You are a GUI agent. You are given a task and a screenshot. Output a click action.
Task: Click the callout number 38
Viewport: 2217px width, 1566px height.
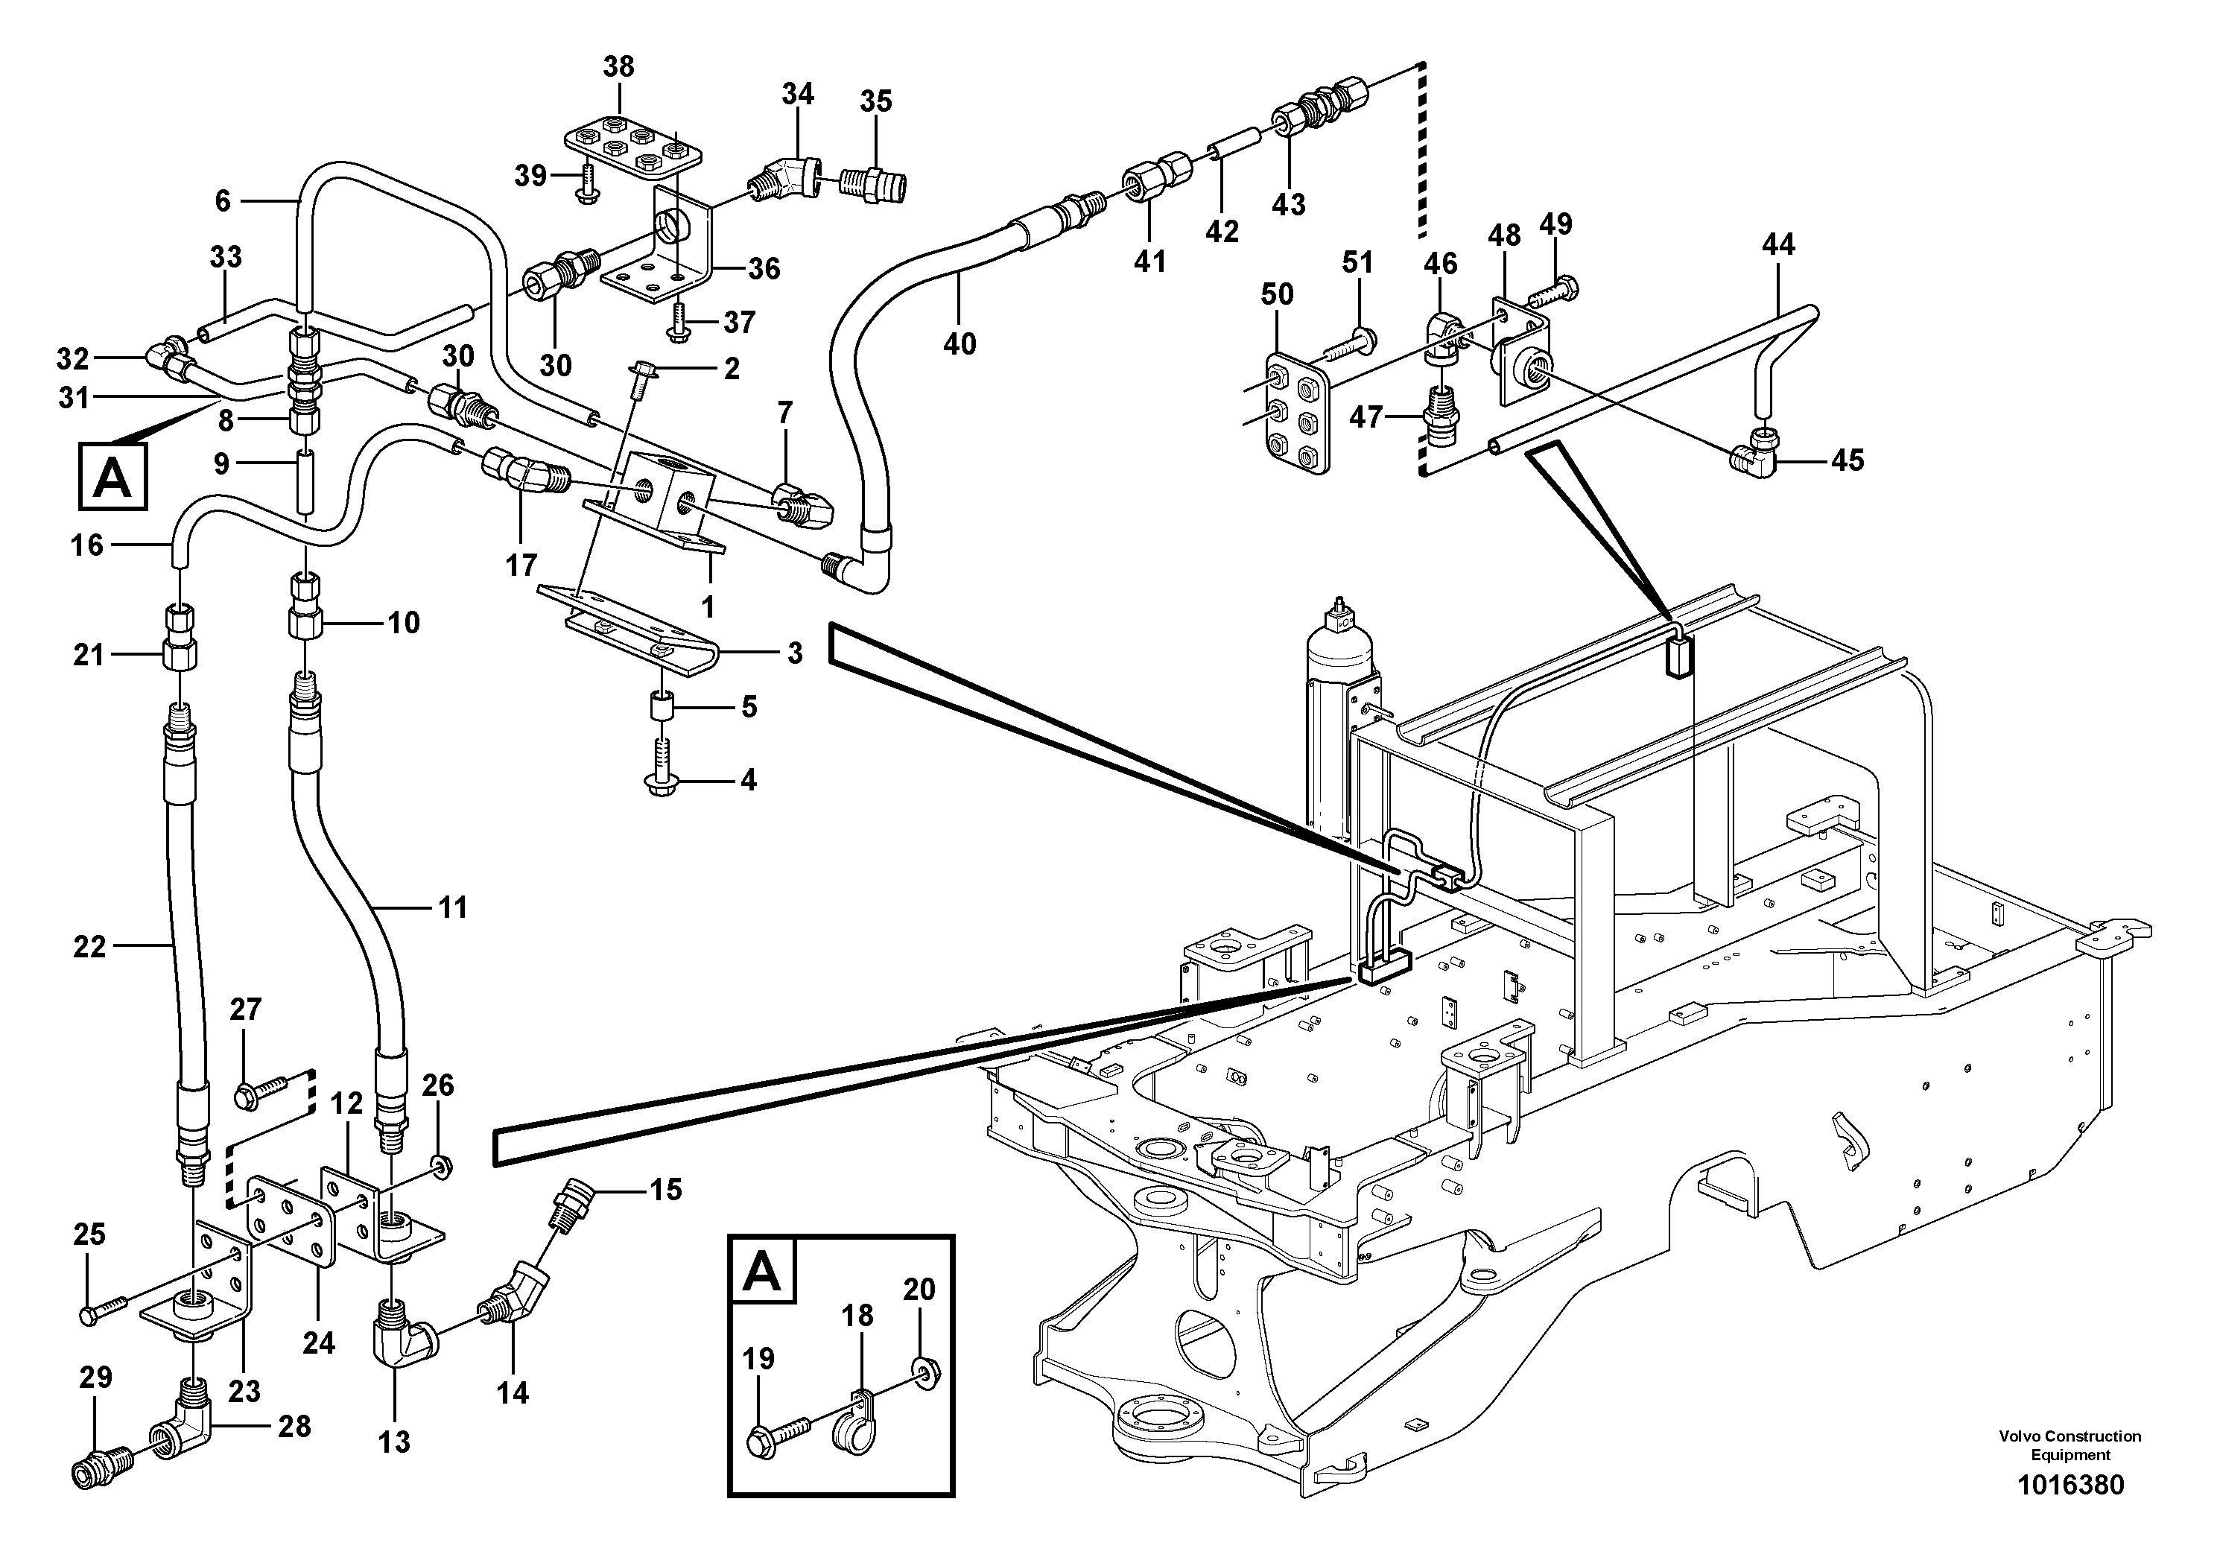pos(618,66)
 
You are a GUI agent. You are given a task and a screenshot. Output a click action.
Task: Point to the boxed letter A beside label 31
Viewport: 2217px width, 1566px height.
pos(112,476)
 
